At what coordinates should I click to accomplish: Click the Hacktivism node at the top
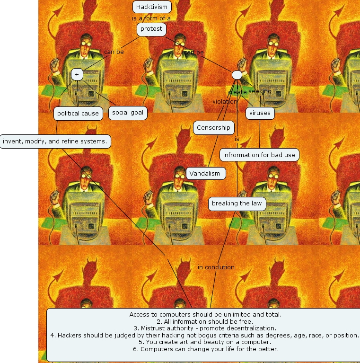click(151, 7)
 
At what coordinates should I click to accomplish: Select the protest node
click(151, 29)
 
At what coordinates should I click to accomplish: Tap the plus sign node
click(77, 74)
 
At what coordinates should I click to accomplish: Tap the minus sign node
click(237, 75)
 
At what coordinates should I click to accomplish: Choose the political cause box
click(78, 114)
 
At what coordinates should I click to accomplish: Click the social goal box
click(127, 113)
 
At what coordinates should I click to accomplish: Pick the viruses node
click(260, 113)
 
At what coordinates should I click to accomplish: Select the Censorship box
click(213, 127)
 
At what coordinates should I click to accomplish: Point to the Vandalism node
click(205, 174)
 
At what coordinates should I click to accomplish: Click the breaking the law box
click(237, 204)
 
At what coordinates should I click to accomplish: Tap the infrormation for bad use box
click(259, 155)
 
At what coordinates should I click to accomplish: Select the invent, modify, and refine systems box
click(55, 141)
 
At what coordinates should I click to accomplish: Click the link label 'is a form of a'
click(151, 18)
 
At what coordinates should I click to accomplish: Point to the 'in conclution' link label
click(216, 267)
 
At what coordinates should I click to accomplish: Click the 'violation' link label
click(225, 101)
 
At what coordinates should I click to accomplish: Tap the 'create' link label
click(237, 92)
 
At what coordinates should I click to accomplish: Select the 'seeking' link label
click(260, 91)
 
